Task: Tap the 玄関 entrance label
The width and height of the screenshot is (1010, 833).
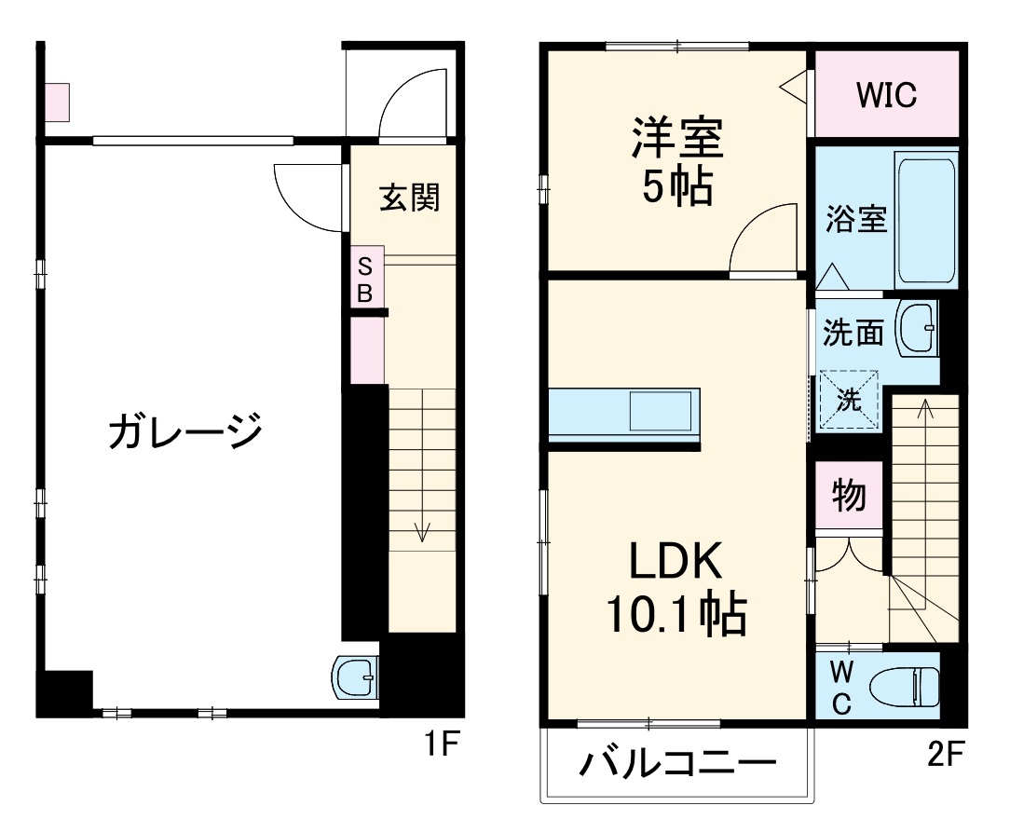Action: click(409, 197)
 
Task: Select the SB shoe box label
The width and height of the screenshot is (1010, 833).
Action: click(366, 279)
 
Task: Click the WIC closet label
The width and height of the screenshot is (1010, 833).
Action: click(886, 94)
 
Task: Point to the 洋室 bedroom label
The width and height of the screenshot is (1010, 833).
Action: click(676, 141)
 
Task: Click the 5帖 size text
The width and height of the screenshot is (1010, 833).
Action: click(676, 187)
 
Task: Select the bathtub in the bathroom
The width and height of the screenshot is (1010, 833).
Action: click(925, 220)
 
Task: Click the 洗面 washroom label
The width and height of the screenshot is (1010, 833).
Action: click(853, 333)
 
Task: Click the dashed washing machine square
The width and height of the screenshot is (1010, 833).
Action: click(849, 400)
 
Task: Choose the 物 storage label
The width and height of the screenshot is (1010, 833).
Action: click(848, 496)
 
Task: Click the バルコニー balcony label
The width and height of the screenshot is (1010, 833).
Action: click(678, 766)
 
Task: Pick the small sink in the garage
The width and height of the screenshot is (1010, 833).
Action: click(355, 677)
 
